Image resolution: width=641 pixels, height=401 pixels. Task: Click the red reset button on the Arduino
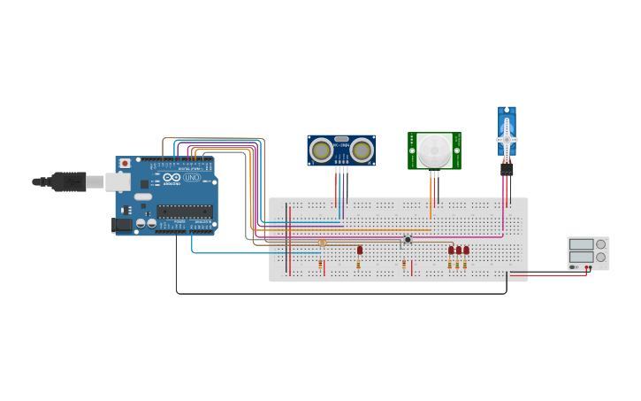[x=125, y=164]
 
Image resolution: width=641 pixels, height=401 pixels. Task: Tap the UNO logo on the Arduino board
[x=192, y=178]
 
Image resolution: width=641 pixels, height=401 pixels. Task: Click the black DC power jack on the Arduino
[x=122, y=225]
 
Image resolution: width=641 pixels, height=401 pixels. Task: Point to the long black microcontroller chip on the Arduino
[x=185, y=211]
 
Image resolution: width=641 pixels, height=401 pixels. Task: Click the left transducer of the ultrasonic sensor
[x=322, y=150]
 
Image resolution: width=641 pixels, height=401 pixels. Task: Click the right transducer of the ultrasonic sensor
[x=361, y=150]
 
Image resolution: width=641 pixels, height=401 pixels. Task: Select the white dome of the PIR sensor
[x=433, y=150]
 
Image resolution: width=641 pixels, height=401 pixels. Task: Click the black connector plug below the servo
[x=507, y=168]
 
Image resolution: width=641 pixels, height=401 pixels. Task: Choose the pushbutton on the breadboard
[x=408, y=239]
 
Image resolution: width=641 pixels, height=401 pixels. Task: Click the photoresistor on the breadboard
[x=322, y=243]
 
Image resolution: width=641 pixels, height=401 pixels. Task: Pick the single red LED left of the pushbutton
[x=360, y=250]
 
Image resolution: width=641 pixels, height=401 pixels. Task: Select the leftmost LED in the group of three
[x=451, y=250]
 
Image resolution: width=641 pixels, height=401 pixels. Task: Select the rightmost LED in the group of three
[x=467, y=250]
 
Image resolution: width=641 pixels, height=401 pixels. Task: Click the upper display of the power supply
[x=581, y=244]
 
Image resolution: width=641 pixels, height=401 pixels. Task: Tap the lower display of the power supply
[x=581, y=258]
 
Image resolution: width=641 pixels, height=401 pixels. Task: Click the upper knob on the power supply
[x=600, y=244]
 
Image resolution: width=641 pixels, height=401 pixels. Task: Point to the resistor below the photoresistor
[x=320, y=264]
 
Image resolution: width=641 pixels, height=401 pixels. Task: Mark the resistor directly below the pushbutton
[x=404, y=264]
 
